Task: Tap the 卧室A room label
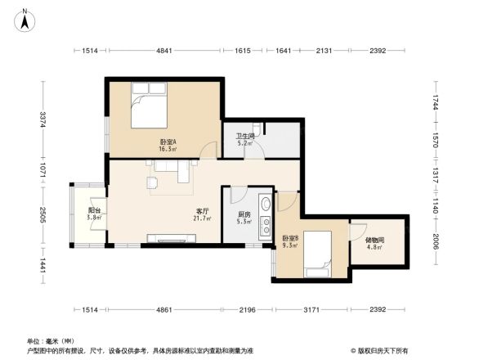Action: pyautogui.click(x=168, y=145)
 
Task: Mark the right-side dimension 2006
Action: pyautogui.click(x=436, y=241)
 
